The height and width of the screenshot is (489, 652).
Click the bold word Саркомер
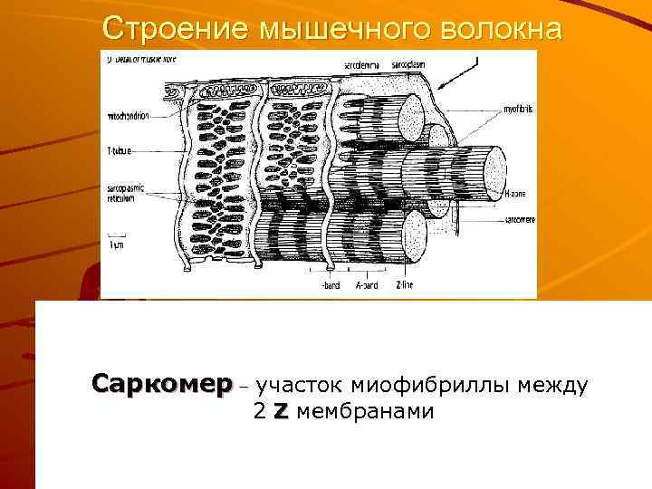tap(161, 385)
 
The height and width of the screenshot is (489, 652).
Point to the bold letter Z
tap(281, 412)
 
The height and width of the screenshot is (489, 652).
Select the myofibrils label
tap(518, 109)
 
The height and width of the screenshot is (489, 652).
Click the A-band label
tap(367, 285)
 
